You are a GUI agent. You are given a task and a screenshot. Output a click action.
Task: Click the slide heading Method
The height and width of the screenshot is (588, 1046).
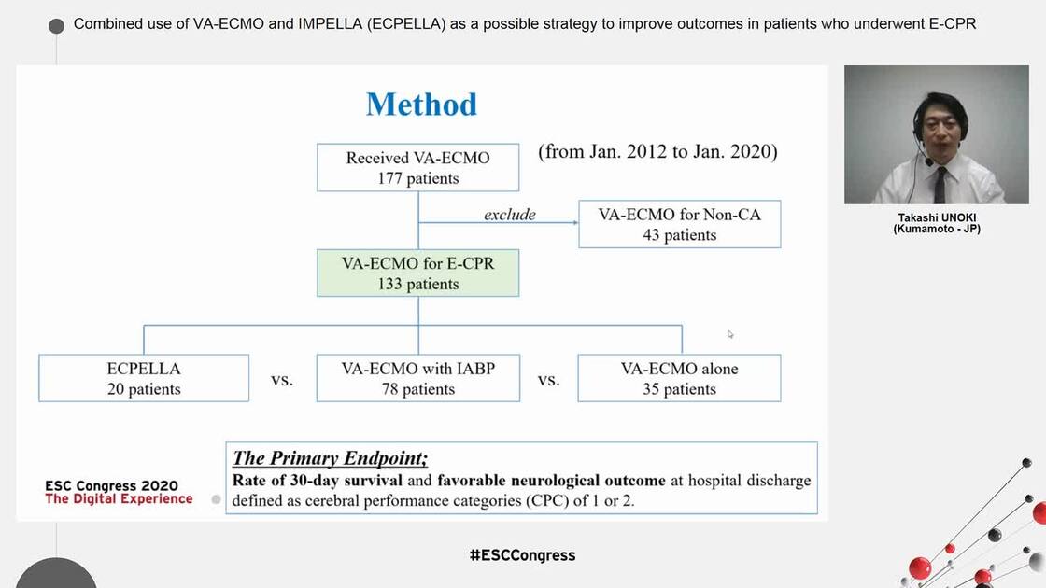click(x=421, y=104)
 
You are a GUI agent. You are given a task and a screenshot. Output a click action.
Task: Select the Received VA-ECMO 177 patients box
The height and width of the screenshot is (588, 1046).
click(x=418, y=168)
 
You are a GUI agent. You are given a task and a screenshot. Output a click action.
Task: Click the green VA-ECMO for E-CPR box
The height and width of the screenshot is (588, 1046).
click(x=418, y=273)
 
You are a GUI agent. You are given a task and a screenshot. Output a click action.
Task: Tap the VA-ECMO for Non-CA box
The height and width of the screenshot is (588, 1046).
click(x=679, y=225)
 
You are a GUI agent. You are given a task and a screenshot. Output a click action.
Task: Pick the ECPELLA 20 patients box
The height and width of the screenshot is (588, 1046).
click(x=144, y=378)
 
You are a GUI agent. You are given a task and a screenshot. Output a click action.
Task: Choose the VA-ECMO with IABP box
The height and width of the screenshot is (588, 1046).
click(x=418, y=378)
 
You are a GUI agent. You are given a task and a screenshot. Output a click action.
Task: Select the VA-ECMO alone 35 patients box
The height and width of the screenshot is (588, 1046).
click(x=679, y=378)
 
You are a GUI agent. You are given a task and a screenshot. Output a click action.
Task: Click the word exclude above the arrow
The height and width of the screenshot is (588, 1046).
click(x=509, y=215)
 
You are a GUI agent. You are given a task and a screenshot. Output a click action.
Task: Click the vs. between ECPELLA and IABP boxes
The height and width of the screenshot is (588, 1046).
click(x=282, y=380)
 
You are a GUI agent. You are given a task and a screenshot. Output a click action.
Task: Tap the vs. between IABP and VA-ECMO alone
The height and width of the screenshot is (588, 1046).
click(x=549, y=380)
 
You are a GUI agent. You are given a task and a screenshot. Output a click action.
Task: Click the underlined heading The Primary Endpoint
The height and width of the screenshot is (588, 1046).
click(x=330, y=458)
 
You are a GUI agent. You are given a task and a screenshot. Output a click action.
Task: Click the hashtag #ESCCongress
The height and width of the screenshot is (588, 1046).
click(x=522, y=555)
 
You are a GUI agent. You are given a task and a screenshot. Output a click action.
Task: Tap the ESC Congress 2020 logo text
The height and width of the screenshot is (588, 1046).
click(x=111, y=486)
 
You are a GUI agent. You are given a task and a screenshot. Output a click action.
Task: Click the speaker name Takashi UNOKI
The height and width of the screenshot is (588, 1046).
click(x=936, y=217)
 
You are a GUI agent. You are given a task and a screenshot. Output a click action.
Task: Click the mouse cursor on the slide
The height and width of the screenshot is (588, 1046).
click(x=730, y=333)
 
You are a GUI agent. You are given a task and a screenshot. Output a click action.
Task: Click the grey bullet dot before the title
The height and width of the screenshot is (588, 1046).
click(x=56, y=25)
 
